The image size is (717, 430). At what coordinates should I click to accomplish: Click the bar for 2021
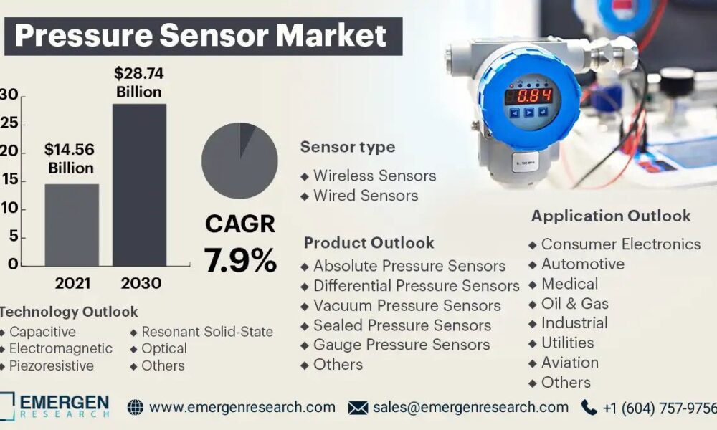tap(72, 225)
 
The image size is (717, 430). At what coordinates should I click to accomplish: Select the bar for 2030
tap(140, 185)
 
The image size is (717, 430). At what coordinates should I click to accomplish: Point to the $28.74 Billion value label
tap(138, 82)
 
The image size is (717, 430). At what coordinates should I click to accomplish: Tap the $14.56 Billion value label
tap(70, 158)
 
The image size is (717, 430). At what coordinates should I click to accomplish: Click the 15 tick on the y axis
tap(9, 180)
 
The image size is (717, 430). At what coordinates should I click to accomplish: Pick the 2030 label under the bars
tap(141, 283)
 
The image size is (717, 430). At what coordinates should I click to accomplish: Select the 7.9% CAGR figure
tap(240, 260)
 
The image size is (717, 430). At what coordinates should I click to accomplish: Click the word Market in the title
tap(331, 36)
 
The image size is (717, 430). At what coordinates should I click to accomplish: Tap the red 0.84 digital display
tap(528, 97)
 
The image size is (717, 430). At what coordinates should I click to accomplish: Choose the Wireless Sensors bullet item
tap(369, 176)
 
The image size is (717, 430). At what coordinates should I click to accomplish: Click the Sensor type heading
tap(348, 147)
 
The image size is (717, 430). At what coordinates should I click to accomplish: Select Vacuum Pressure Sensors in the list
tap(401, 306)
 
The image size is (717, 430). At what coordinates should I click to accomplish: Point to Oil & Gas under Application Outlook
tap(569, 304)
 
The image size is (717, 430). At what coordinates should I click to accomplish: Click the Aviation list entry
tap(564, 363)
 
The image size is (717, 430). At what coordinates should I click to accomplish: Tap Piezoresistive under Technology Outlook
tap(47, 365)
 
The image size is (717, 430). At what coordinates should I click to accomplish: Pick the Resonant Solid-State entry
tap(201, 332)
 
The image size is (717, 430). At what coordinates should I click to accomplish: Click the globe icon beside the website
tap(136, 407)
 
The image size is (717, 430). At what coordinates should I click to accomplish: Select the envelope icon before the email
tap(358, 408)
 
